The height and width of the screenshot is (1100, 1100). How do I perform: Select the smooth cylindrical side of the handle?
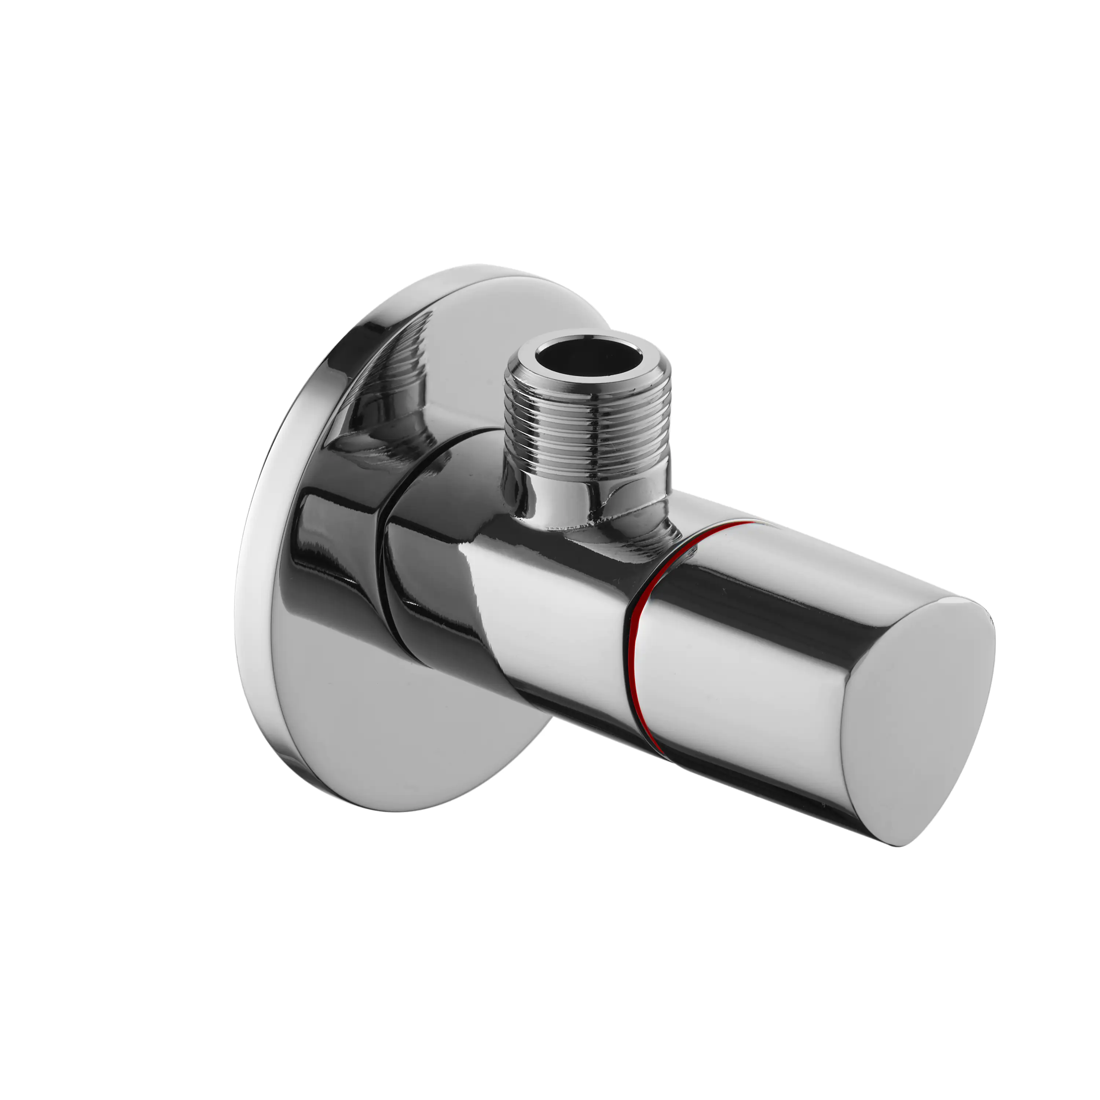coord(752,683)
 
